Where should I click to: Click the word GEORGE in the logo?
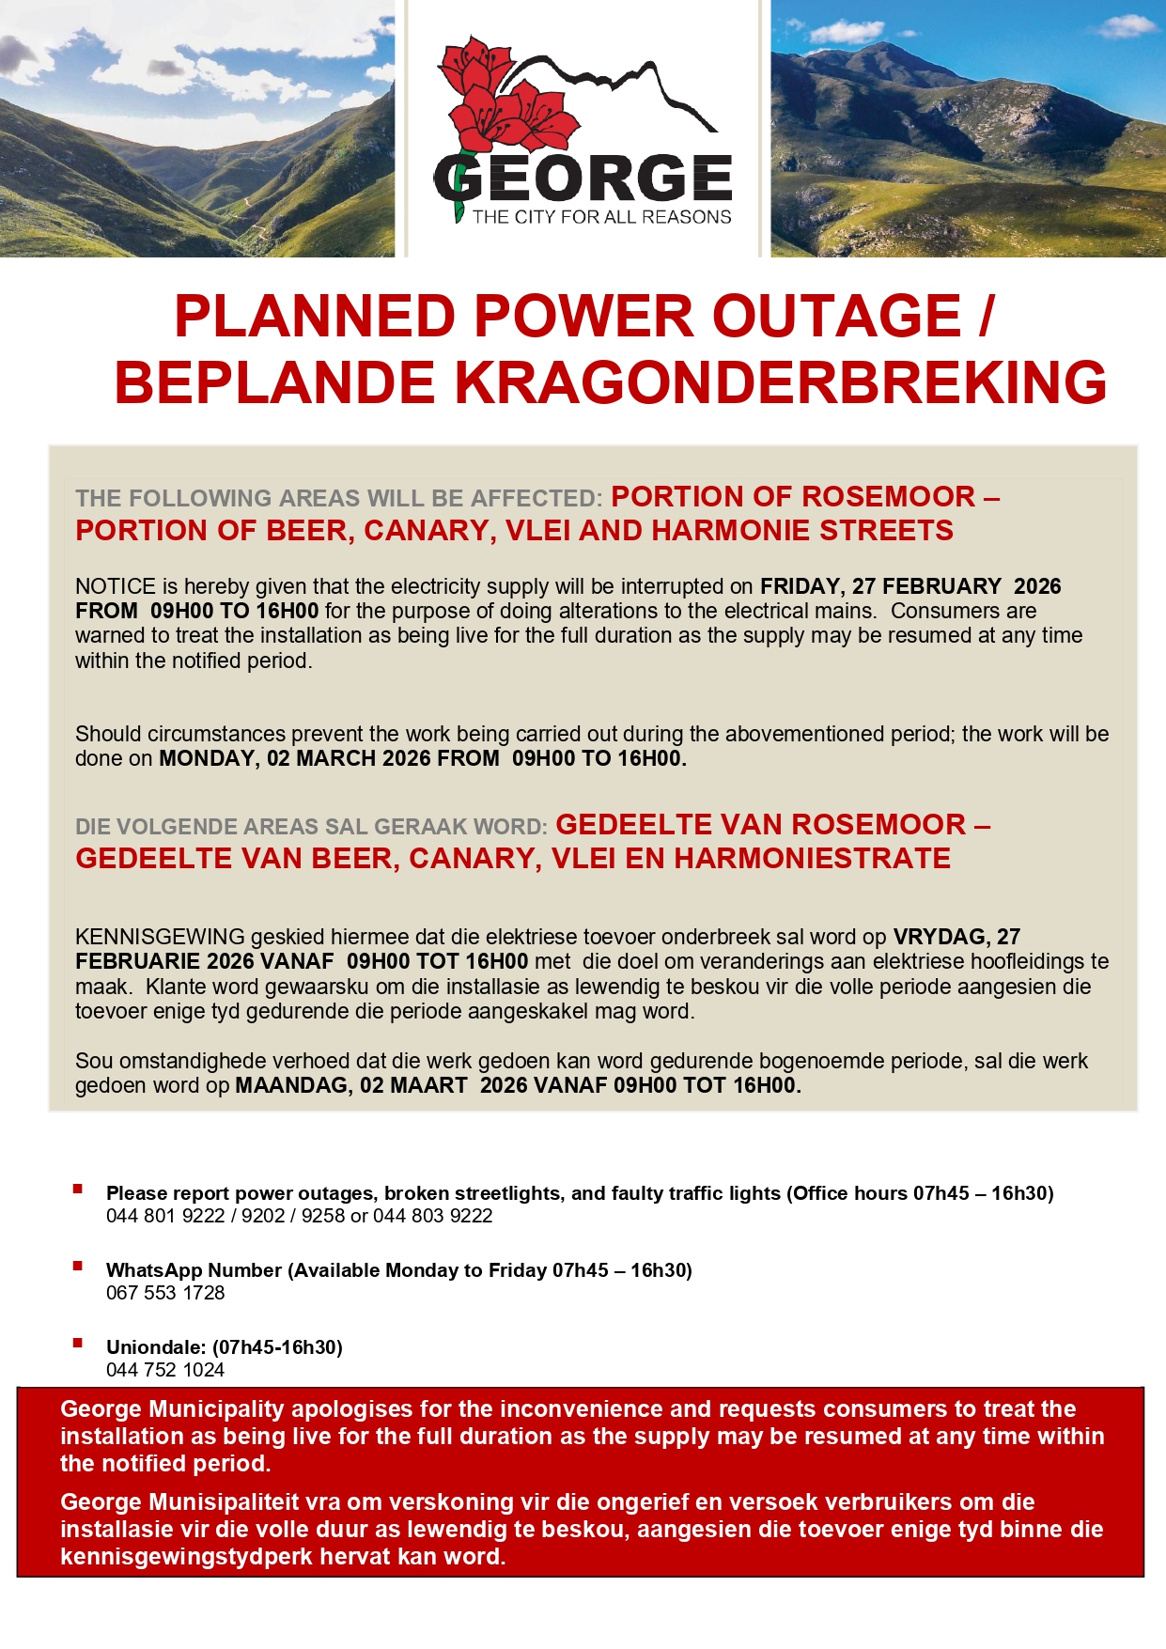[x=583, y=179]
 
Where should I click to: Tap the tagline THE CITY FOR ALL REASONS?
[x=601, y=217]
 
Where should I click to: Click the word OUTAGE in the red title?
[x=836, y=316]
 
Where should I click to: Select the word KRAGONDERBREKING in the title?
[x=781, y=383]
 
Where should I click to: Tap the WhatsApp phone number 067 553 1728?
[x=165, y=1293]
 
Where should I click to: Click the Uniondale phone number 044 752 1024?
[x=165, y=1370]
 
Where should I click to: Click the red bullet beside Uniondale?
[x=78, y=1343]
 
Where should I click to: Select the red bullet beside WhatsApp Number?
[x=78, y=1266]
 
